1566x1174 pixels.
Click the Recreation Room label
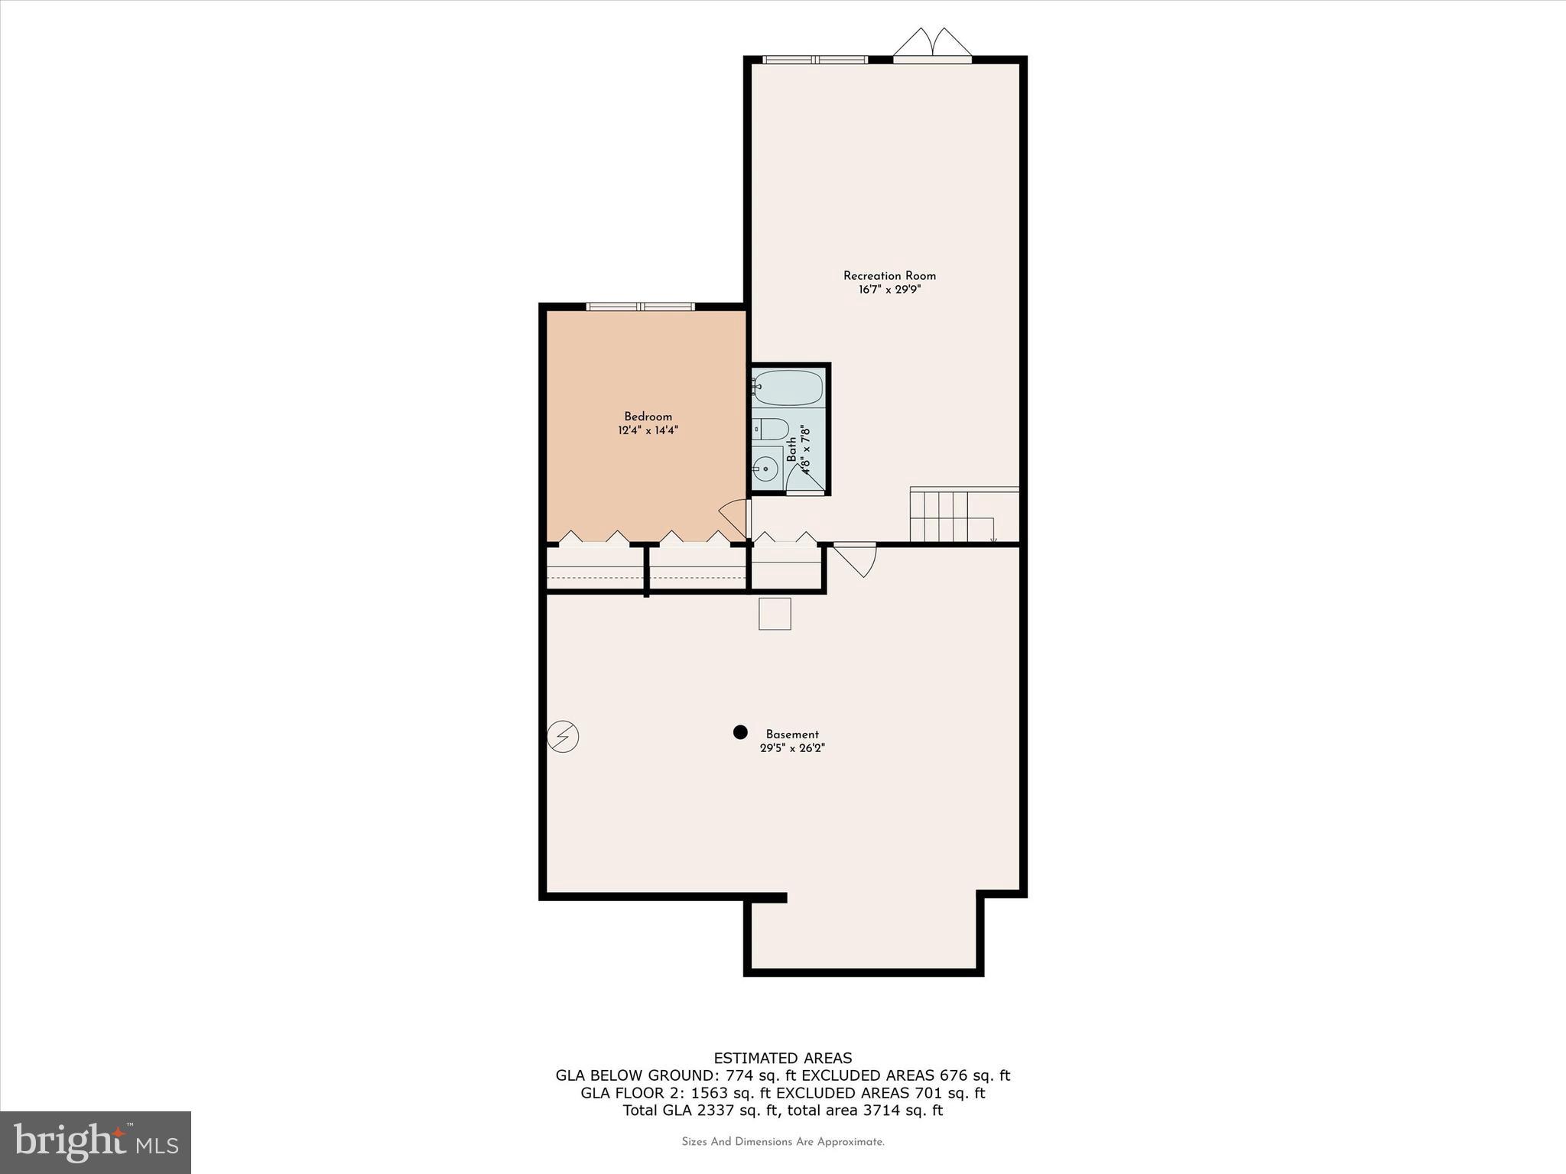tap(889, 276)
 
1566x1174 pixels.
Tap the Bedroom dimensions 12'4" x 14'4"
tap(648, 430)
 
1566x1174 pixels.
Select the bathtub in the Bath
tap(788, 388)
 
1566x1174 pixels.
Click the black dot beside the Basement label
tap(739, 732)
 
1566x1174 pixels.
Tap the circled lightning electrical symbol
tap(563, 737)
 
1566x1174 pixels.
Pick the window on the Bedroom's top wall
tap(641, 306)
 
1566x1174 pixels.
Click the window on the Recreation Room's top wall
tap(815, 59)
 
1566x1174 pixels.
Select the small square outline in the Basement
tap(775, 614)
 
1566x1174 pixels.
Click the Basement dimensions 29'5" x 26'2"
tap(792, 748)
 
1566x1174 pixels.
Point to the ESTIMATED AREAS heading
tap(782, 1059)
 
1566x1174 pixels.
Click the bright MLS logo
tap(96, 1143)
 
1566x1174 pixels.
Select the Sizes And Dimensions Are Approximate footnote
tap(783, 1142)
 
